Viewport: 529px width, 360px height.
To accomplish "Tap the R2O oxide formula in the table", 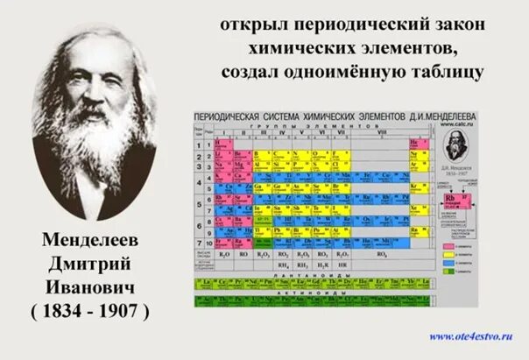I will pyautogui.click(x=225, y=254).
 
